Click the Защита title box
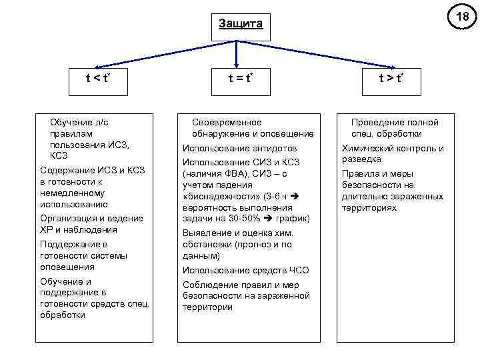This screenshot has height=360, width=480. coord(241,25)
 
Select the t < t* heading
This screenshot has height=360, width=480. coord(97,78)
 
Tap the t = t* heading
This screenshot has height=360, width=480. coord(240,78)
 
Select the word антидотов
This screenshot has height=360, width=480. coord(275,148)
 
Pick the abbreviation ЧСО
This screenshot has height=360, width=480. coord(295,270)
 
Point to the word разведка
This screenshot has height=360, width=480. coord(361,160)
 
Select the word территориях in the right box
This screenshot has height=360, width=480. coord(369,208)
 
